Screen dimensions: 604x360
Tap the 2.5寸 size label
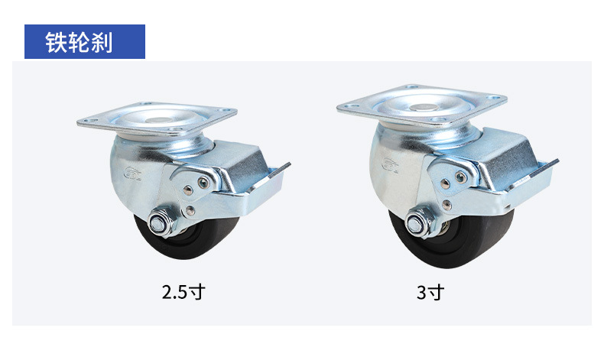pos(183,292)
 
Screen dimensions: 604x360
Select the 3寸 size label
pos(430,293)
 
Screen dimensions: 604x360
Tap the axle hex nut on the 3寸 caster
pos(417,222)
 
